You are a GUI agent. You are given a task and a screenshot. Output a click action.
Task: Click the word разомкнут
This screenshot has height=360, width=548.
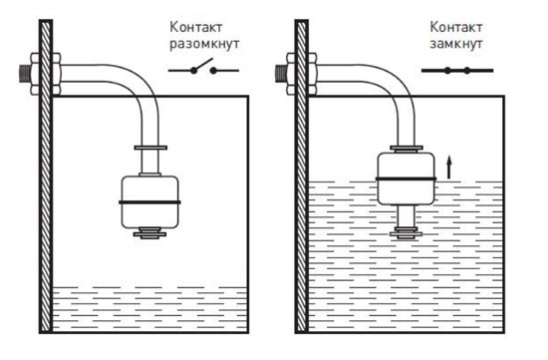pyautogui.click(x=204, y=45)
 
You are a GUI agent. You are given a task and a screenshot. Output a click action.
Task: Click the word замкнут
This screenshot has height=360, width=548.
pyautogui.click(x=456, y=44)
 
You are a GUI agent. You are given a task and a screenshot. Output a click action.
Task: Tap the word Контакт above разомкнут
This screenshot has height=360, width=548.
pyautogui.click(x=196, y=27)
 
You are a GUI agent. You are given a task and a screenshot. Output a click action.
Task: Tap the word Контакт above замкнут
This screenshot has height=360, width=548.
pyautogui.click(x=456, y=27)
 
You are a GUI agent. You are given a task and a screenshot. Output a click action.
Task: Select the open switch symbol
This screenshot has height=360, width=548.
pyautogui.click(x=203, y=68)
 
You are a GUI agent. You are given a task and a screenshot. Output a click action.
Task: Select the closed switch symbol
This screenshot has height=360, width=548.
pyautogui.click(x=457, y=71)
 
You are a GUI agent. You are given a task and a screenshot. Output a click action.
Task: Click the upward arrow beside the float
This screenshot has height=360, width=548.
pyautogui.click(x=449, y=168)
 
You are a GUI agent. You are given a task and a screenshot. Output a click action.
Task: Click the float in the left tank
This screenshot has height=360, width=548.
pyautogui.click(x=149, y=201)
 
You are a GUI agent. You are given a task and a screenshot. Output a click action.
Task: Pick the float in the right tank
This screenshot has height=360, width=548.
pyautogui.click(x=406, y=179)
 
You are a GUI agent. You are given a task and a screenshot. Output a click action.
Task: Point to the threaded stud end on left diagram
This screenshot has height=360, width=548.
pyautogui.click(x=25, y=74)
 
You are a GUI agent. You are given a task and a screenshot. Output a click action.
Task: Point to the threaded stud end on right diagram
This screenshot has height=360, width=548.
pyautogui.click(x=281, y=74)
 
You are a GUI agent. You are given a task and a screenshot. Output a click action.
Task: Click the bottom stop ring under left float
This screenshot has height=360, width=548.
pyautogui.click(x=149, y=233)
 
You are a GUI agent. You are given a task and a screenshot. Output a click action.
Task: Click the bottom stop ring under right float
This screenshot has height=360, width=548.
pyautogui.click(x=407, y=233)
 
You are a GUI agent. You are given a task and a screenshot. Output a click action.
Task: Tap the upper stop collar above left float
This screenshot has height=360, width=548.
pyautogui.click(x=150, y=148)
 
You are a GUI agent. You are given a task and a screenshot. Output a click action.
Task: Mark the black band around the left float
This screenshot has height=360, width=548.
pyautogui.click(x=149, y=202)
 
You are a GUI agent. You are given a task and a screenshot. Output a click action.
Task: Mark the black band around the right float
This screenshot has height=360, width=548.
pyautogui.click(x=406, y=180)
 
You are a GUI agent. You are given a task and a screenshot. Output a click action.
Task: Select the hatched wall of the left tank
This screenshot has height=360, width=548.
pyautogui.click(x=46, y=177)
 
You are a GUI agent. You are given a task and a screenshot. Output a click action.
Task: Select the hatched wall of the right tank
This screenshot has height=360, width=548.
pyautogui.click(x=302, y=177)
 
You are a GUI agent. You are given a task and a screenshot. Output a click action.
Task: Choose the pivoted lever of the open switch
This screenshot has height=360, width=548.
pyautogui.click(x=202, y=65)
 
